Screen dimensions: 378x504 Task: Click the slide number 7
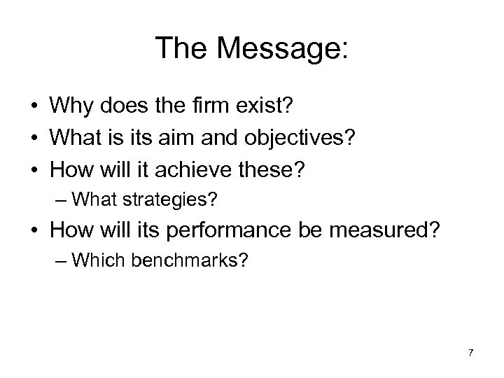471,352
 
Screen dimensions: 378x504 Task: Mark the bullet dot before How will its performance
34,232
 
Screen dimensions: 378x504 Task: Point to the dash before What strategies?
62,201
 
